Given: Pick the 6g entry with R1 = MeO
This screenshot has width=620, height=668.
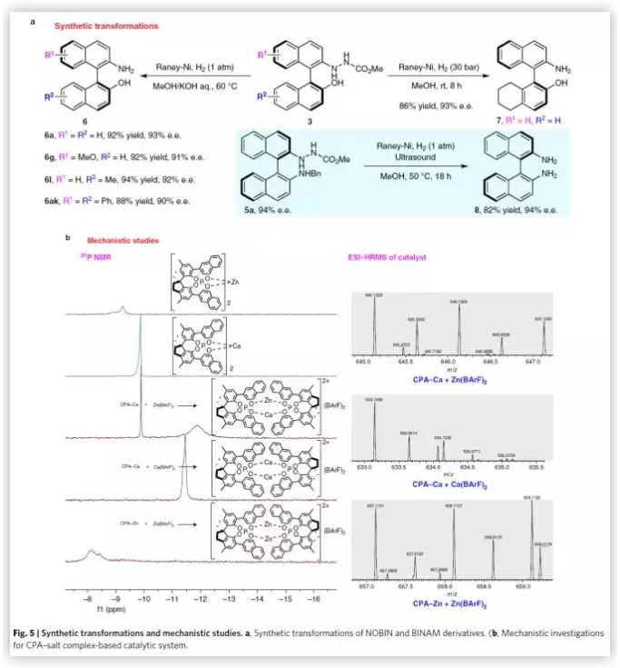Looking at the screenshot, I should tap(131, 155).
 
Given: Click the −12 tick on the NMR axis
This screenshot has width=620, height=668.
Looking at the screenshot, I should tap(201, 600).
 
